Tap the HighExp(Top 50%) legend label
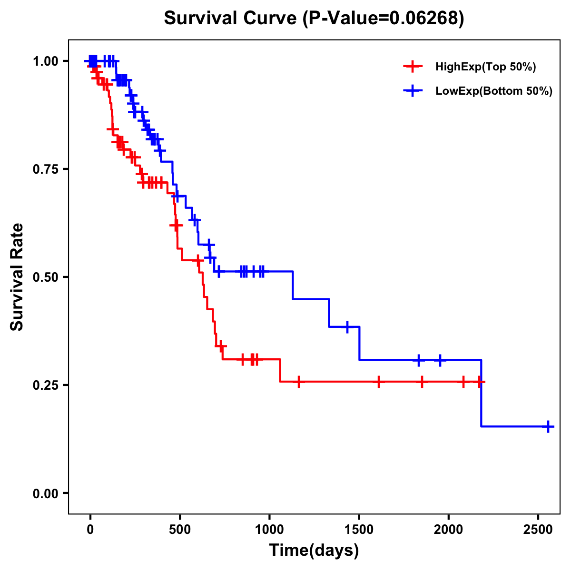click(x=485, y=67)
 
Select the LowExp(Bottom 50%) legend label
click(x=493, y=91)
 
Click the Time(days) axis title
click(x=314, y=551)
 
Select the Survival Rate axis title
click(x=17, y=276)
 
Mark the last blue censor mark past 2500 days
click(x=548, y=426)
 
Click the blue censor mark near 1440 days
click(x=347, y=327)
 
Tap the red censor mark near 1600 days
click(x=378, y=382)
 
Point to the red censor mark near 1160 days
click(x=298, y=382)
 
